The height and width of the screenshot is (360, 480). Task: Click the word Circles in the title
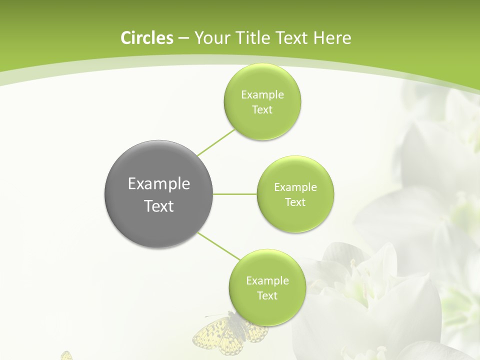(146, 38)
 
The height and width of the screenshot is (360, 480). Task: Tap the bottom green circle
(267, 310)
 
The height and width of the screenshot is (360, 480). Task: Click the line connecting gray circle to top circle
(216, 142)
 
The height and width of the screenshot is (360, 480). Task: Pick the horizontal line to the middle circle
(235, 194)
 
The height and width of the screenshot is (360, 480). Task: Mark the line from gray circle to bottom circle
(219, 246)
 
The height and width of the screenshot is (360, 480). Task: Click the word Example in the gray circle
(159, 184)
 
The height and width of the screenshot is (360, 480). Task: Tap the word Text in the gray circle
(159, 206)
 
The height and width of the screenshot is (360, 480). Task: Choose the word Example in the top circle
(262, 95)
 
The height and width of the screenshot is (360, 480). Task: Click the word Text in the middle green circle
(295, 202)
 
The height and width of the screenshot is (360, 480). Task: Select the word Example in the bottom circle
(267, 281)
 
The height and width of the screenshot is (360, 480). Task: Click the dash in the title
(183, 38)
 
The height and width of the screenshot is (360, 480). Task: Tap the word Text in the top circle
(262, 110)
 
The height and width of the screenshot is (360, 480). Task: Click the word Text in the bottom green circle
(267, 296)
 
